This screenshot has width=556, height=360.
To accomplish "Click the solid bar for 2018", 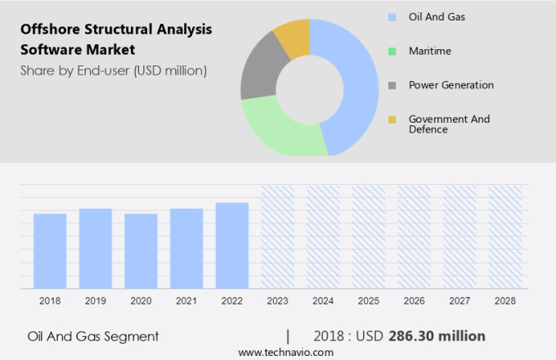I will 50,251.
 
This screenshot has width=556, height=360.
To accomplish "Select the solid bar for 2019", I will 96,249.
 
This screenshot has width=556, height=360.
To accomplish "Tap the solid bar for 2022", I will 232,245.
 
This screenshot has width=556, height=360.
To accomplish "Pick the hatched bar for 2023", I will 277,237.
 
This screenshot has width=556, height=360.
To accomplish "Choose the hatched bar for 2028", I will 505,237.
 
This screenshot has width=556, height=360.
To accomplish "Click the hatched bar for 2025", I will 369,237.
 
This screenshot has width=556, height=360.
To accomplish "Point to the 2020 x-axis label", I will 141,301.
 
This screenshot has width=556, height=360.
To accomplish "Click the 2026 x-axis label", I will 414,301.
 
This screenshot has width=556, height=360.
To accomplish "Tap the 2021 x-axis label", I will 186,301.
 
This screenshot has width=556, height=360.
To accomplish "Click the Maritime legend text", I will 429,51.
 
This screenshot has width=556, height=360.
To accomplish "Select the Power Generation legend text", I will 451,85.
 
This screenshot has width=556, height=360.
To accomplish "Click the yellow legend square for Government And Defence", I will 392,119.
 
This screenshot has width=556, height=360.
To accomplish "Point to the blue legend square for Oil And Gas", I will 392,16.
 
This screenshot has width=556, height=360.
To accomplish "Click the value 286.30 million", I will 442,335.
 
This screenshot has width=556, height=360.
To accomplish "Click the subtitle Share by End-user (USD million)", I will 114,70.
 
